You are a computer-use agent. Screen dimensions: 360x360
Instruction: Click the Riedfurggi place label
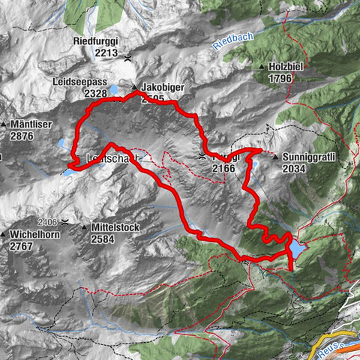97,41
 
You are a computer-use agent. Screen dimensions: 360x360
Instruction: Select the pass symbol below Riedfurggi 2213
129,57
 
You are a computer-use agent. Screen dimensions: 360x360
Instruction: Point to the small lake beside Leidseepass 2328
114,89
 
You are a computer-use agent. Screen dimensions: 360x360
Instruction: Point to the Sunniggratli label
307,157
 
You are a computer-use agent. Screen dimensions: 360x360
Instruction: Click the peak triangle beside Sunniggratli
277,157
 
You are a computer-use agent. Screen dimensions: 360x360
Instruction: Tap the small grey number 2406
47,222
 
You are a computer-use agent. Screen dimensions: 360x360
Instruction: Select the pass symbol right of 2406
66,222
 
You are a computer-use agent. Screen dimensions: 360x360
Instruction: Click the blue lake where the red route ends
298,248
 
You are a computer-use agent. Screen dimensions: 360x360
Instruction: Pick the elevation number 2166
225,169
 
